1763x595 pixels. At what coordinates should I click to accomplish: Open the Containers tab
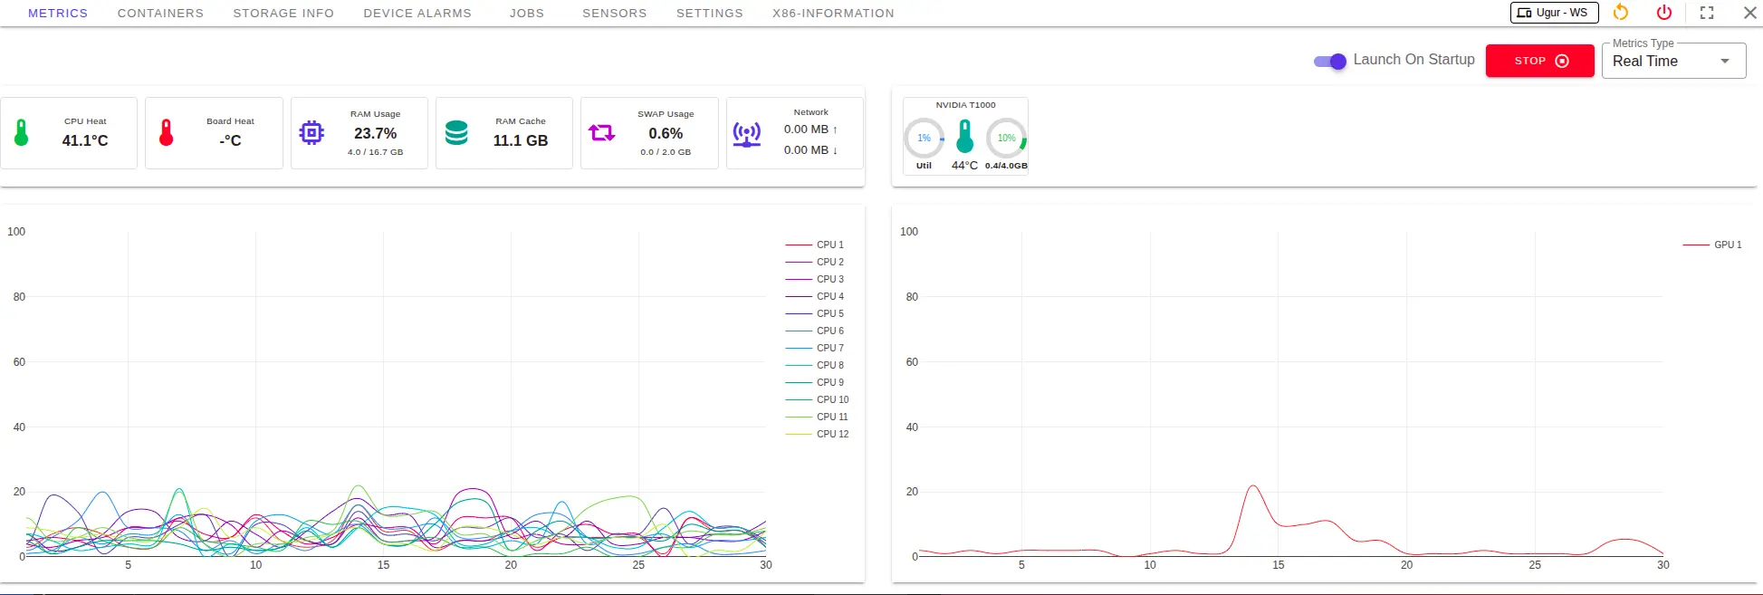(160, 14)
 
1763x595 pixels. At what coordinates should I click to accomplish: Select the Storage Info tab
(283, 14)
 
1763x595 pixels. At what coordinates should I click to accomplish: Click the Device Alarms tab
(417, 14)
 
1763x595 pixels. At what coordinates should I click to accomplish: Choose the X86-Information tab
(833, 14)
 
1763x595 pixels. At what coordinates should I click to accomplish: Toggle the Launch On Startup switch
(1330, 62)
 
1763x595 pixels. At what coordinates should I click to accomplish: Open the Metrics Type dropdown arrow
(1725, 62)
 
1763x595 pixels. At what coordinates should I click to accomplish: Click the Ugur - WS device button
(1554, 13)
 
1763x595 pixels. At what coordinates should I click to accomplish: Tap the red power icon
(1664, 13)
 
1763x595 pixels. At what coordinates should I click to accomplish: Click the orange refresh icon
(1621, 13)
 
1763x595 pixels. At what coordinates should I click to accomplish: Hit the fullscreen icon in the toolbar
(1707, 13)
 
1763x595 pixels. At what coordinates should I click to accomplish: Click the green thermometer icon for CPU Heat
(22, 133)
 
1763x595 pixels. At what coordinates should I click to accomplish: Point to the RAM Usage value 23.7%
(375, 133)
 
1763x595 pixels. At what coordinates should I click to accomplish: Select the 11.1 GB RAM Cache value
(521, 140)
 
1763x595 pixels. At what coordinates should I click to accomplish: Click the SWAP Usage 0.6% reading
(666, 133)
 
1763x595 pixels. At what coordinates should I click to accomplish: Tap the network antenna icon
(747, 134)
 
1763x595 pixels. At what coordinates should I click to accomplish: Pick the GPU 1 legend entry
(1712, 245)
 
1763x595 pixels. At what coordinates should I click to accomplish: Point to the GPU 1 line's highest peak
(1253, 486)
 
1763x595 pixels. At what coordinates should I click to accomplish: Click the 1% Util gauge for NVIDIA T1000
(924, 139)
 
